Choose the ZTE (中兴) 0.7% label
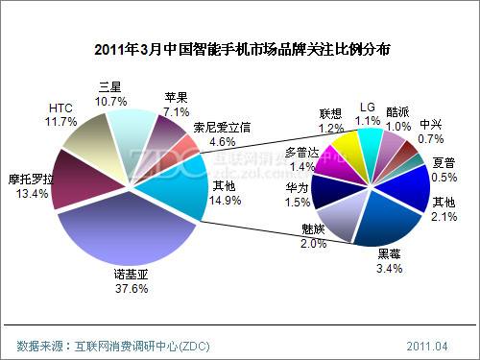pos(432,131)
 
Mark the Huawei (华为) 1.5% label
pos(297,195)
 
